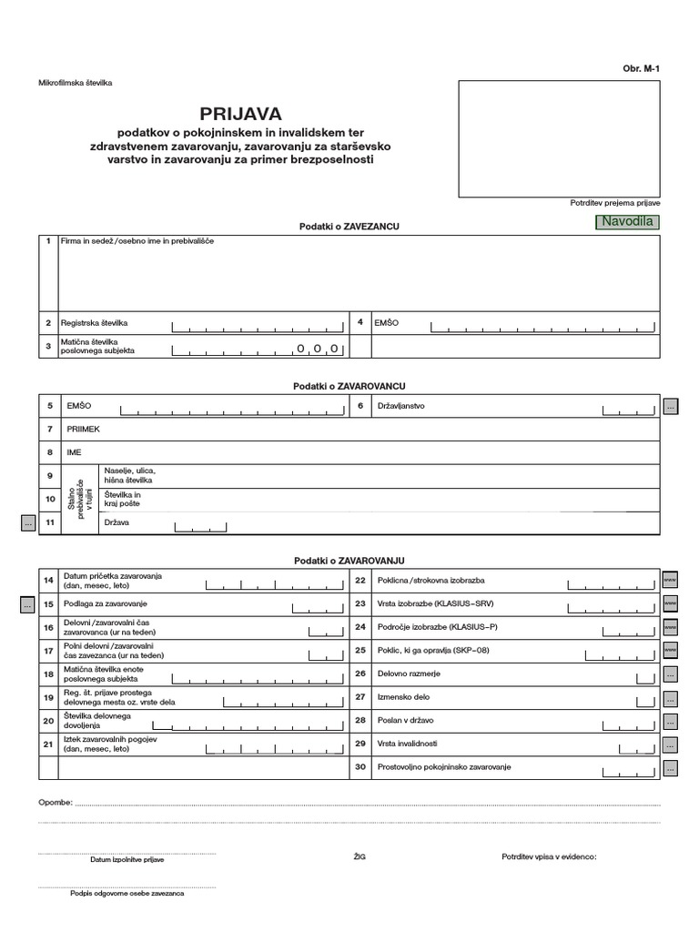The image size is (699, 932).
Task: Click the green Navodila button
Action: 626,223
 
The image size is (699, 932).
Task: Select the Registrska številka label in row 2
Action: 95,323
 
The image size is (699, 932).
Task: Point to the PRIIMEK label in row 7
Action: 82,429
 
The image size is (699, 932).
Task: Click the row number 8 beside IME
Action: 49,451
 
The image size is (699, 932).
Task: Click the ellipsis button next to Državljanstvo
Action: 671,407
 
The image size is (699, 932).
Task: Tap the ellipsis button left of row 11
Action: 28,523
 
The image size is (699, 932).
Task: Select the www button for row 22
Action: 671,580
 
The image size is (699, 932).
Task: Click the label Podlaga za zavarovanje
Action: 106,603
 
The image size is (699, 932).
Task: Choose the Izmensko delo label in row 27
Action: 403,698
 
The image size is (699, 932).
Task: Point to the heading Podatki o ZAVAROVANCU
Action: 349,387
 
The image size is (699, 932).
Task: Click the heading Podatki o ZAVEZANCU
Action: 349,225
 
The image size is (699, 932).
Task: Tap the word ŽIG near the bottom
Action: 358,857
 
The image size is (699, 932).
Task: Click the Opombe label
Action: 54,804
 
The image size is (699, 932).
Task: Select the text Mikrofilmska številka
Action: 76,84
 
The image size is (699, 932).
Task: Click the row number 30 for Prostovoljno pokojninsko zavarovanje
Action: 360,767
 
